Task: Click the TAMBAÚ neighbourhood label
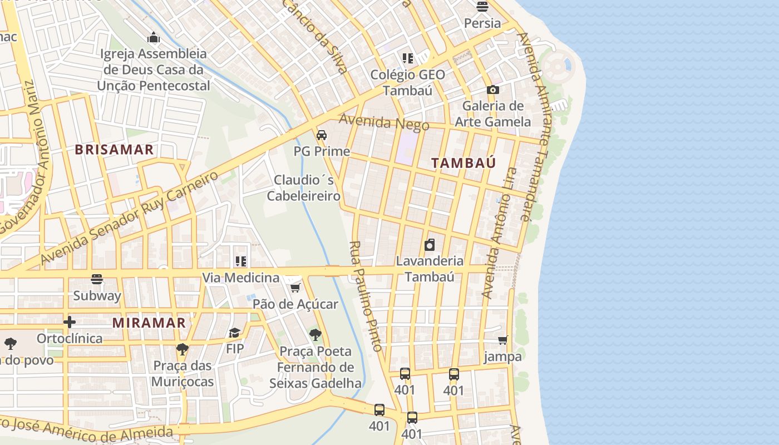(x=464, y=163)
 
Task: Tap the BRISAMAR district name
(x=114, y=150)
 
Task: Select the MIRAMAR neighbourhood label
(x=149, y=323)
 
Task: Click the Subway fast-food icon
(x=97, y=279)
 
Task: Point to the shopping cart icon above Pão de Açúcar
(x=295, y=288)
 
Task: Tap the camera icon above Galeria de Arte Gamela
(x=492, y=90)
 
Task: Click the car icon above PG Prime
(x=322, y=135)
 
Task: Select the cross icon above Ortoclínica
(x=70, y=322)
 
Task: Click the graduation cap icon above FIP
(x=235, y=333)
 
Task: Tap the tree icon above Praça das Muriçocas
(x=182, y=349)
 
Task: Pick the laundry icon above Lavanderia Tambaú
(x=430, y=245)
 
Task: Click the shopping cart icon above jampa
(x=503, y=340)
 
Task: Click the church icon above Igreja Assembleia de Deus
(x=154, y=38)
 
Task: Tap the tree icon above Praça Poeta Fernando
(x=315, y=335)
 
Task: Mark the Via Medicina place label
(x=240, y=278)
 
